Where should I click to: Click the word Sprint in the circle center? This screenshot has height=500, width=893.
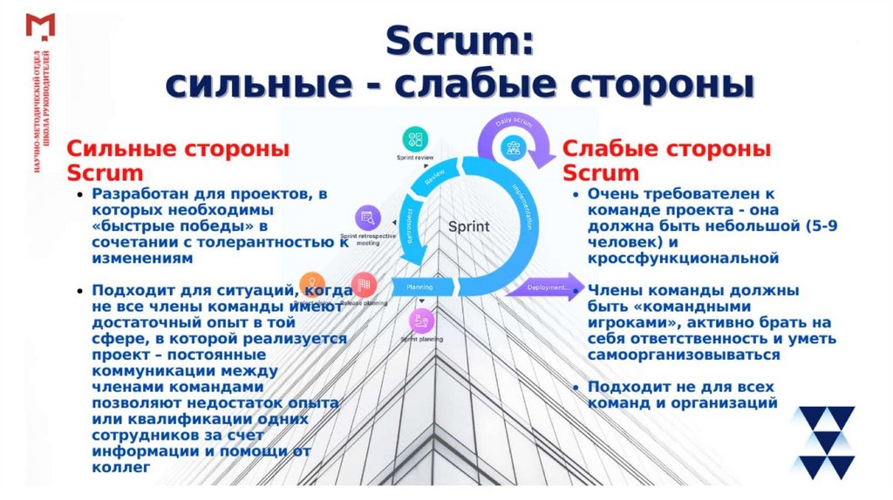pyautogui.click(x=468, y=226)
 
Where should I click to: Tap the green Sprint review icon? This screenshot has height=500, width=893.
pyautogui.click(x=415, y=139)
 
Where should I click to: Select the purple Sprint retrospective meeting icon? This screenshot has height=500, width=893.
pyautogui.click(x=367, y=218)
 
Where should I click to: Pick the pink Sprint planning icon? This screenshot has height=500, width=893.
pyautogui.click(x=420, y=321)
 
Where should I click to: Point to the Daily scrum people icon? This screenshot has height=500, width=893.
pyautogui.click(x=514, y=145)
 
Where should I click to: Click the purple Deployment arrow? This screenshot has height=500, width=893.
pyautogui.click(x=544, y=286)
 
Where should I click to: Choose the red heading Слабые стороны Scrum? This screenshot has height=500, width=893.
pyautogui.click(x=666, y=159)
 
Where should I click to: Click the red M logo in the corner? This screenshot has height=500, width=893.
pyautogui.click(x=40, y=26)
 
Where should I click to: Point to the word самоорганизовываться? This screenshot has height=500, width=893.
pyautogui.click(x=683, y=355)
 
